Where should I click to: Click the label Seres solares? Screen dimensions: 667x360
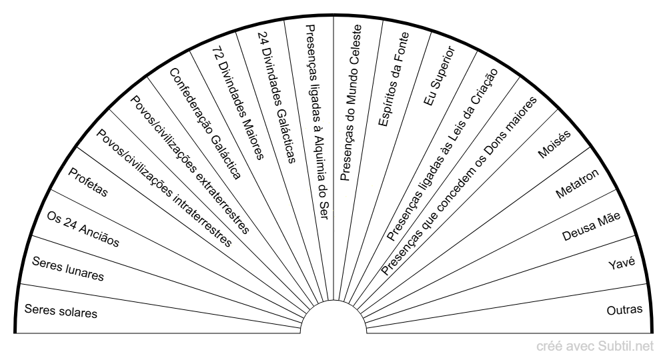[x=61, y=311]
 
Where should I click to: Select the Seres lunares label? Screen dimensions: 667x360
[x=68, y=269]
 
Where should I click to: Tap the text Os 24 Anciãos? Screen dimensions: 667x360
[x=83, y=229]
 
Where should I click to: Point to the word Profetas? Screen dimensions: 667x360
[x=88, y=183]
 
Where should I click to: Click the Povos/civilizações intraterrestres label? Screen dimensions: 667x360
[x=164, y=188]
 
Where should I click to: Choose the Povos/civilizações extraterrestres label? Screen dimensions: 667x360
[x=189, y=165]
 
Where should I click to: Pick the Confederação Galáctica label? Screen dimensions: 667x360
[x=205, y=124]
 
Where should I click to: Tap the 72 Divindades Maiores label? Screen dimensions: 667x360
[x=238, y=103]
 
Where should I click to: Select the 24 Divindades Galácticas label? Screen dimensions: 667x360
[x=277, y=97]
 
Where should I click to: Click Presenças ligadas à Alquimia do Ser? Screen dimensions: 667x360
[x=317, y=122]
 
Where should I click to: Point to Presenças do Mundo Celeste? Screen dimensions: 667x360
[x=351, y=103]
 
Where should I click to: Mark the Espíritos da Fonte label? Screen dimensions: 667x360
[x=394, y=79]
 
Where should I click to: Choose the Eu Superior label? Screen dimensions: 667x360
[x=440, y=76]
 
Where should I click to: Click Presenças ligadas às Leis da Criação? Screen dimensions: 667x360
[x=442, y=155]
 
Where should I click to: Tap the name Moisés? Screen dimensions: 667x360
[x=554, y=145]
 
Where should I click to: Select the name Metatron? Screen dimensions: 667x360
[x=577, y=183]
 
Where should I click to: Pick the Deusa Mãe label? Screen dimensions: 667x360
[x=591, y=227]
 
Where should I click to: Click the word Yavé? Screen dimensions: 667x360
[x=622, y=263]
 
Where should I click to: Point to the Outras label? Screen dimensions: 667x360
[x=624, y=309]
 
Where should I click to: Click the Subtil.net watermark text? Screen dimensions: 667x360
[x=626, y=347]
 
